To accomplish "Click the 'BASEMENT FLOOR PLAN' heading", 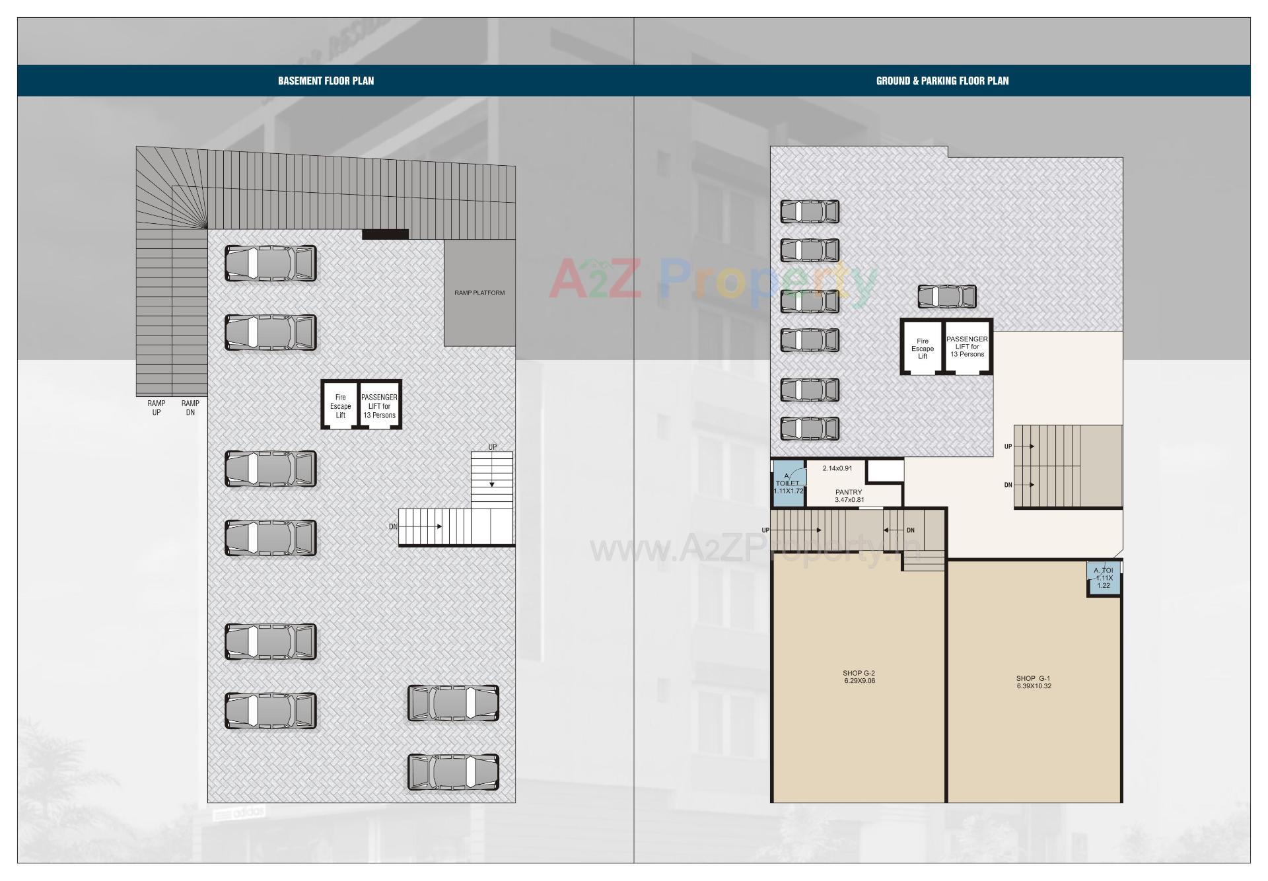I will (326, 81).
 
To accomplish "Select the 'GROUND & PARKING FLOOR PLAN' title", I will (942, 81).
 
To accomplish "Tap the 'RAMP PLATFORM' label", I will (479, 293).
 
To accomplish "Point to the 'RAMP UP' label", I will (157, 407).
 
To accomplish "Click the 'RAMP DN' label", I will (190, 407).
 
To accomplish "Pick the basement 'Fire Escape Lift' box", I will (341, 406).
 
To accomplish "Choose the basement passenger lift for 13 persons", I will (380, 406).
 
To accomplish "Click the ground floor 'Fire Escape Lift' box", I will (923, 348).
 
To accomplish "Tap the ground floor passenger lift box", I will (968, 347).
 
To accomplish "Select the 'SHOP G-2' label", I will (859, 677).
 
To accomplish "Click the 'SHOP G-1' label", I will (1034, 682).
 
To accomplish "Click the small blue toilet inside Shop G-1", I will (1104, 578).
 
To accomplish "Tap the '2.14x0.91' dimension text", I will (837, 468).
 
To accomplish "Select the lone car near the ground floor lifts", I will (947, 297).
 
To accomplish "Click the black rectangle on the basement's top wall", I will (385, 234).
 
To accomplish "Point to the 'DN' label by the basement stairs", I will (393, 527).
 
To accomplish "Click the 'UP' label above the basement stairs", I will (493, 447).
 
